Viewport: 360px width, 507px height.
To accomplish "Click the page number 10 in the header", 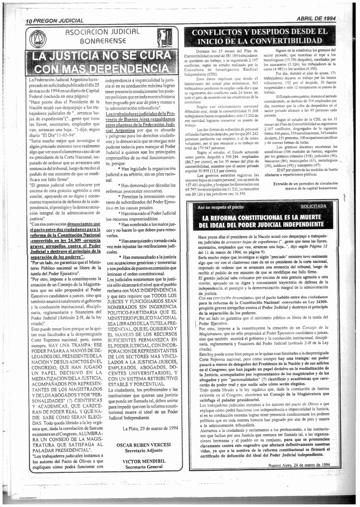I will pos(29,21).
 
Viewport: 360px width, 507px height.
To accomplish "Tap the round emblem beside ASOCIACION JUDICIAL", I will pos(38,39).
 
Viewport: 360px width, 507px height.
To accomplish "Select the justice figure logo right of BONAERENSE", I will pos(165,38).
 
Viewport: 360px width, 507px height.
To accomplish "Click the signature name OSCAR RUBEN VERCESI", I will pos(144,445).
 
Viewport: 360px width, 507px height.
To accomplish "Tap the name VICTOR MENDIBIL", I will pos(144,460).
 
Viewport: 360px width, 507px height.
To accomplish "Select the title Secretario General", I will pos(144,466).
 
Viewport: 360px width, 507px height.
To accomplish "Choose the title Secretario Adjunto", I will pos(144,451).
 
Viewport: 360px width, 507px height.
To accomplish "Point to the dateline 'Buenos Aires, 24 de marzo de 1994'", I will pos(299,465).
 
